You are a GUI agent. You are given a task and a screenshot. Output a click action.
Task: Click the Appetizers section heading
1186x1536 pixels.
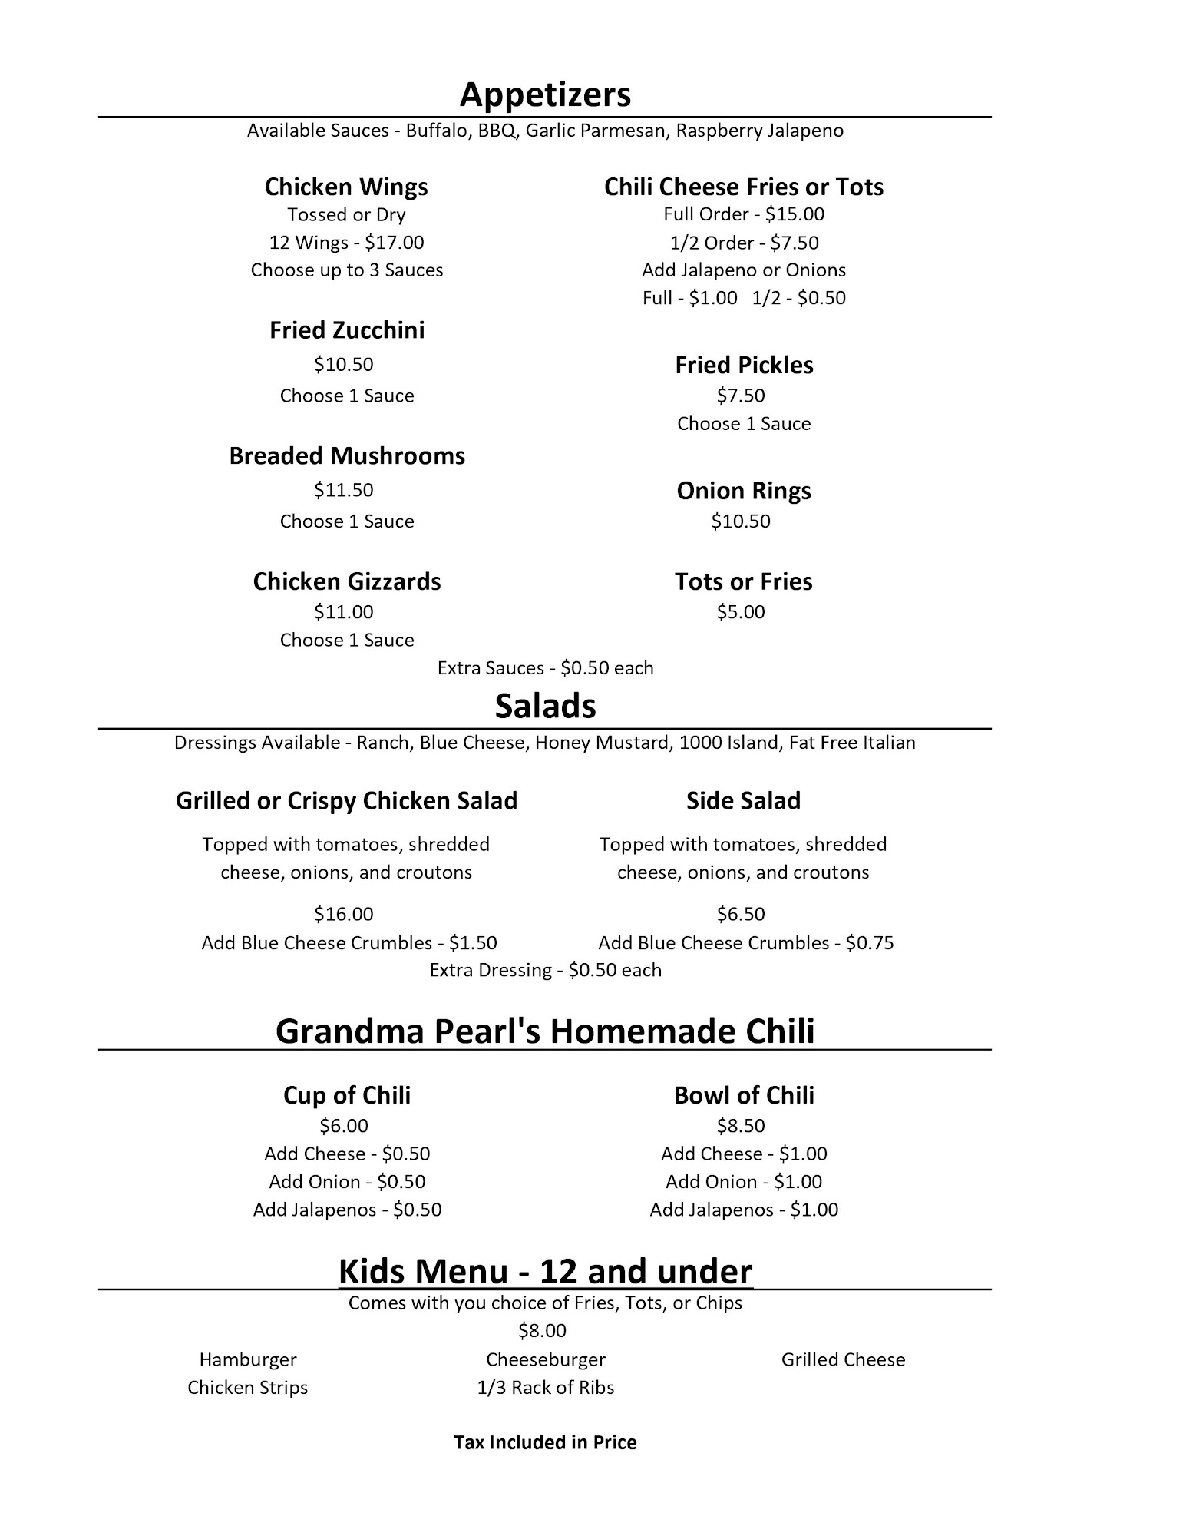545,94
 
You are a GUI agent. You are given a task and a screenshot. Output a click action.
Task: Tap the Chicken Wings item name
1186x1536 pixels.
346,187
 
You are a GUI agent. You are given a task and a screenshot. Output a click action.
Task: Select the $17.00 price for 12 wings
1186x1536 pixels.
394,243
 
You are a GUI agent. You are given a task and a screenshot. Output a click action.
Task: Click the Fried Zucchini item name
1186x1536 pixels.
346,330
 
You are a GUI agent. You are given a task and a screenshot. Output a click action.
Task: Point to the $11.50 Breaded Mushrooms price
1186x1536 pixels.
343,490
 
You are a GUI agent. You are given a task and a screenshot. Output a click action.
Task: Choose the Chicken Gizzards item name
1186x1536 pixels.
346,581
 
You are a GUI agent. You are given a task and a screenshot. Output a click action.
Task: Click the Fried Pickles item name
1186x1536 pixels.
743,365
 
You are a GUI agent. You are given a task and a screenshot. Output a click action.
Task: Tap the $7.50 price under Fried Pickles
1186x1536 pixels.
741,396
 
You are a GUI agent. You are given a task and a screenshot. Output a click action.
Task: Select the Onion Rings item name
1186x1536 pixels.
743,491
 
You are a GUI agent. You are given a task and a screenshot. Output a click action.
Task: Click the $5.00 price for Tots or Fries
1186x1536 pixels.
741,612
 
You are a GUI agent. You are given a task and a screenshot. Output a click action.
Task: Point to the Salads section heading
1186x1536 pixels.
545,706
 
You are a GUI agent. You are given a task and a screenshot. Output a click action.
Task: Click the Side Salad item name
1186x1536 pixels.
743,801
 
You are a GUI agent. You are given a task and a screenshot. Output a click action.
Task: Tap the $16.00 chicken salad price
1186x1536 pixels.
343,914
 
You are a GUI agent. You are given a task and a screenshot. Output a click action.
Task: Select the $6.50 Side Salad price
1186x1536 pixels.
741,914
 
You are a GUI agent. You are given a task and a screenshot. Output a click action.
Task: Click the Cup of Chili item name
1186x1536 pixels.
346,1095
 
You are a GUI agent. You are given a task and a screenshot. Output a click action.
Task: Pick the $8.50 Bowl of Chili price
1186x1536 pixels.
741,1126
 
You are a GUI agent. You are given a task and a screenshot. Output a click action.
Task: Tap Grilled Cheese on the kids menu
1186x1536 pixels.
843,1360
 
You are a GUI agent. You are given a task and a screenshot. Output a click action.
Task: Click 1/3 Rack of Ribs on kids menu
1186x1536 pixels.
545,1388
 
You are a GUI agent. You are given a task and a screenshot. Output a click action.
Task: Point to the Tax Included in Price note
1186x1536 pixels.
545,1443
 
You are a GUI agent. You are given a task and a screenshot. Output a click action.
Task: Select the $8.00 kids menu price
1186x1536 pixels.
542,1331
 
